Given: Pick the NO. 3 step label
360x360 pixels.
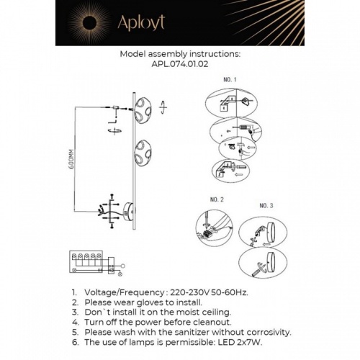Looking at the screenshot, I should [x=268, y=206].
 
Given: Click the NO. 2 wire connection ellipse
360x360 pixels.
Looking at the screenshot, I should [x=214, y=230].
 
